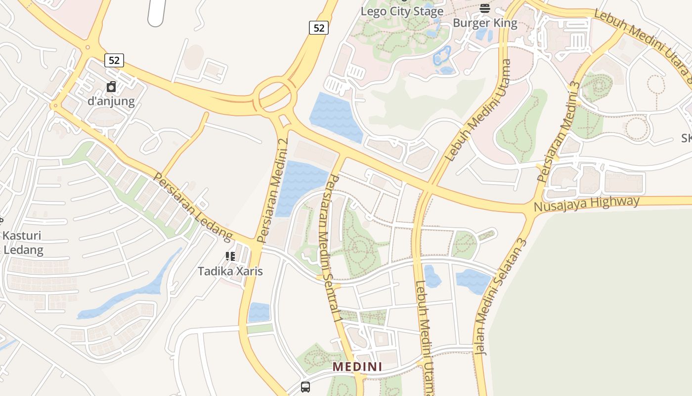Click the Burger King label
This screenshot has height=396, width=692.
pyautogui.click(x=485, y=23)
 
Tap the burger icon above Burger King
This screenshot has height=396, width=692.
pyautogui.click(x=485, y=7)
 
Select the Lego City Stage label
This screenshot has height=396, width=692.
pyautogui.click(x=402, y=11)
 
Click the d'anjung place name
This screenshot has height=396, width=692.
pyautogui.click(x=111, y=101)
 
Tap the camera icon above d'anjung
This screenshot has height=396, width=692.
pyautogui.click(x=111, y=87)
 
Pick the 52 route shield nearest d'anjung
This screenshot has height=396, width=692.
pyautogui.click(x=114, y=60)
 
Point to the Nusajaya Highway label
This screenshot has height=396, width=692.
pyautogui.click(x=587, y=203)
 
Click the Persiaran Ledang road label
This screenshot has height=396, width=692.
pyautogui.click(x=193, y=207)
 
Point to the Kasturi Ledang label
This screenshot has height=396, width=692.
pyautogui.click(x=22, y=243)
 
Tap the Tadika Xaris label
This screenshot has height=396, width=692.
pyautogui.click(x=230, y=271)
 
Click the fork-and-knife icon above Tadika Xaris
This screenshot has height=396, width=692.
pyautogui.click(x=230, y=256)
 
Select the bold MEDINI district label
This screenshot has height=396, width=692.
pyautogui.click(x=357, y=367)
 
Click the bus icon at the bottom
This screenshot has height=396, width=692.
pyautogui.click(x=305, y=387)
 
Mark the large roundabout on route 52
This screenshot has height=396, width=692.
pyautogui.click(x=275, y=95)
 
